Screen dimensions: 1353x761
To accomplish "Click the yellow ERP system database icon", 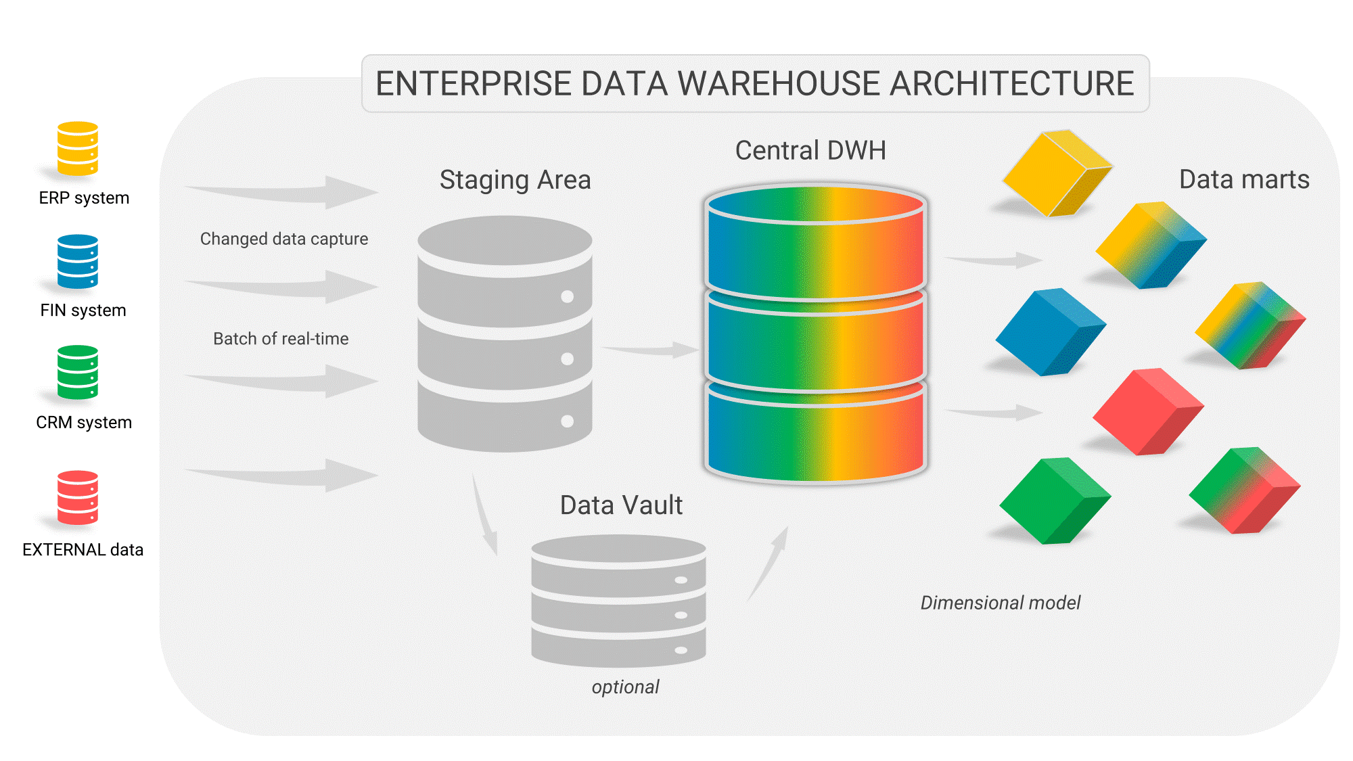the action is (78, 148).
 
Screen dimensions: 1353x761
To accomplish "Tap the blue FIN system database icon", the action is (78, 261).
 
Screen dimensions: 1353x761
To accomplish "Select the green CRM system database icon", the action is (78, 373).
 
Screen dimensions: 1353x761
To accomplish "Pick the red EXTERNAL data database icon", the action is (78, 498).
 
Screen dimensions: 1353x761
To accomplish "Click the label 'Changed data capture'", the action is (284, 239).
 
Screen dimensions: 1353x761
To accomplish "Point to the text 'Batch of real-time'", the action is (281, 338).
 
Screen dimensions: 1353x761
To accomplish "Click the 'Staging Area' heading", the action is (515, 180).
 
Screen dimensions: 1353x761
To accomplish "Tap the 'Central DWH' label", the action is (810, 150).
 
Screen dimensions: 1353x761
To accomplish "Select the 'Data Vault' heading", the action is (621, 505).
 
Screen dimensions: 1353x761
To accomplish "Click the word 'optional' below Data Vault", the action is (625, 687).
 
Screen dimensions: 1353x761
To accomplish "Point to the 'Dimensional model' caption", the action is (1001, 603).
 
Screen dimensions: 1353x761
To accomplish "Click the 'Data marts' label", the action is (1244, 179).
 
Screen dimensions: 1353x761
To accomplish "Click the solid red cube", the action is (1148, 411).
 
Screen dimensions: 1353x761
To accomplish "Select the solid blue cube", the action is (1051, 331).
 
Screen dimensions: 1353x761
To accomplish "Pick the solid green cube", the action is (1055, 501).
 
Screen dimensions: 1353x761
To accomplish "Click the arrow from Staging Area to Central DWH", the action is (649, 350).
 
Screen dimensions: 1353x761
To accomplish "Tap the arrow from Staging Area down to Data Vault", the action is (484, 515).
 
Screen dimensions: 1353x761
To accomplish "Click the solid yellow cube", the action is (1057, 173).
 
